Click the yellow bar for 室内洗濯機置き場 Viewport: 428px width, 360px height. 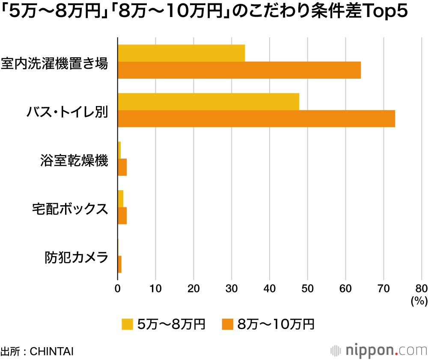tap(181, 53)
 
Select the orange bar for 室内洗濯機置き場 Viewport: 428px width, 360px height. tap(239, 70)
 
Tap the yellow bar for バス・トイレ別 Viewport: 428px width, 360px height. tap(208, 101)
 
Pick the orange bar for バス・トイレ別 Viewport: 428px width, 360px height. tap(256, 118)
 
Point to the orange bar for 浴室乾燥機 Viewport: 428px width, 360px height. tap(122, 167)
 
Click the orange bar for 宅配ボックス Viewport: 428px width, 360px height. tap(122, 216)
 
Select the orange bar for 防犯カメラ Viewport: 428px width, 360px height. tap(119, 264)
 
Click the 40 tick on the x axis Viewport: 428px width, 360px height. tap(270, 288)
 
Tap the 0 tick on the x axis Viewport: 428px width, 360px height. tap(118, 288)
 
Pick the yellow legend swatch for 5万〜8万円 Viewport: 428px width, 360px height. tap(127, 324)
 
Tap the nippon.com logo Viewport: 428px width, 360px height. tap(379, 351)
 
